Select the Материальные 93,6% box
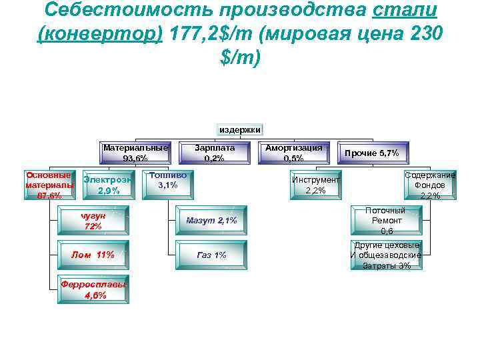[x=135, y=153]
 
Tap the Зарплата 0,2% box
[x=215, y=153]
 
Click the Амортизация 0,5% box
[x=293, y=153]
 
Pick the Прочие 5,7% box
[x=372, y=153]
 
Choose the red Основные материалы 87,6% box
[x=49, y=185]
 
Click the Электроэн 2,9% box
[x=108, y=185]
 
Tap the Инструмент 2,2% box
[x=316, y=185]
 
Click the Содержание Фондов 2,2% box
[x=430, y=185]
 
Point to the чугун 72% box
[x=93, y=221]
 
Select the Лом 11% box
[x=93, y=255]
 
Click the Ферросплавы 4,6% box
[x=93, y=289]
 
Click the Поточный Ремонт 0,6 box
[x=387, y=221]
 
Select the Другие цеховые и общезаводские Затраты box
[x=387, y=255]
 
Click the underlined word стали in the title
[x=407, y=11]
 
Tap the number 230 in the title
[x=421, y=34]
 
